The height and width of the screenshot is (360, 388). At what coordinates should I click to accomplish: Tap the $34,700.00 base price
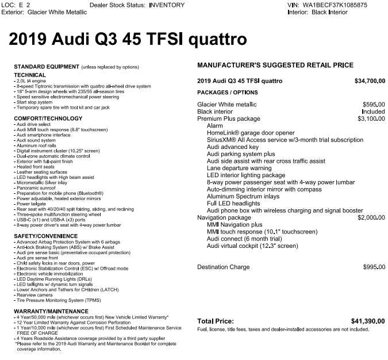coord(370,81)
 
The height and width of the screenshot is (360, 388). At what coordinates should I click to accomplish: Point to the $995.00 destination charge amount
coord(374,267)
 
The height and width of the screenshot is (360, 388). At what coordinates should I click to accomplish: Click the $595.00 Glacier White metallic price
coord(374,105)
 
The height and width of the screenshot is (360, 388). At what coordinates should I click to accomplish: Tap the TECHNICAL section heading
coord(30,75)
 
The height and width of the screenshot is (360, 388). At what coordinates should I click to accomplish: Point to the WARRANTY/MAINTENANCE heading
coord(48,311)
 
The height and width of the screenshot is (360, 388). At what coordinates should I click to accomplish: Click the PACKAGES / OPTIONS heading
coord(228,93)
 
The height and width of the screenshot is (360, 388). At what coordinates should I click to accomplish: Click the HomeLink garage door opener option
coord(250,133)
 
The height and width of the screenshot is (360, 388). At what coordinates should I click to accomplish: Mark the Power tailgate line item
coord(32,204)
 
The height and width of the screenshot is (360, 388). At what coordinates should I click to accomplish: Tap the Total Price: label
coord(216,321)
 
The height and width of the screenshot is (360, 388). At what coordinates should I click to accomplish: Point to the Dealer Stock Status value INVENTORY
coord(167,5)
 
